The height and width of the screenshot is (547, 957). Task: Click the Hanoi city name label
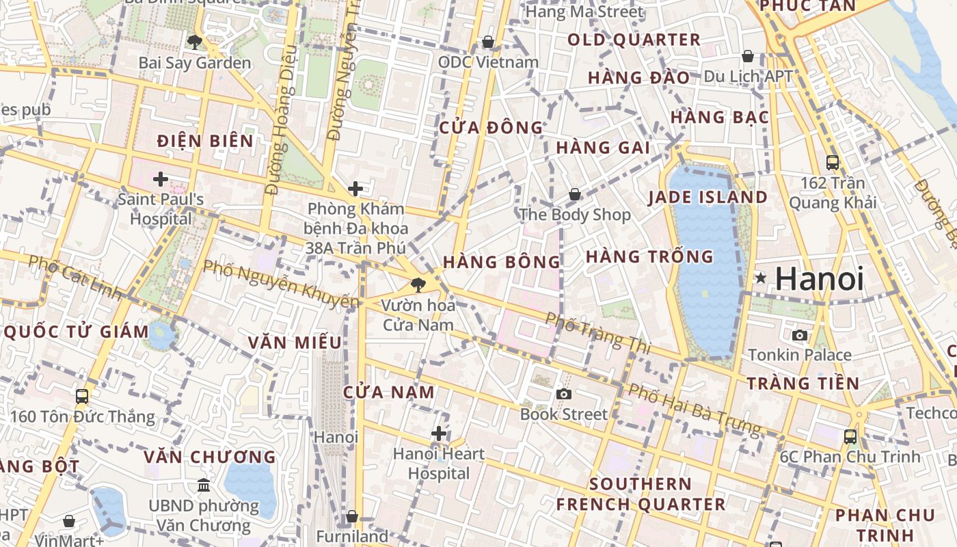820,279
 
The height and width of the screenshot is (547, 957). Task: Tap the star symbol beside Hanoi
760,278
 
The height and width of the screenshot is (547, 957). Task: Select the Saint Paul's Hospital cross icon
161,179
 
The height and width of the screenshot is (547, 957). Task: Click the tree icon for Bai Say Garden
194,42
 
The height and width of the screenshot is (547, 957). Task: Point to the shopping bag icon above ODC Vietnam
488,42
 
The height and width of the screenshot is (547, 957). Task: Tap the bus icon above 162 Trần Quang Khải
833,163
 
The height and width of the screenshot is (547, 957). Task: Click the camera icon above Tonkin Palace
799,335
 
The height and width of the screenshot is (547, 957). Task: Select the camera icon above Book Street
563,394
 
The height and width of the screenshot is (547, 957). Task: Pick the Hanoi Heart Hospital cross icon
439,433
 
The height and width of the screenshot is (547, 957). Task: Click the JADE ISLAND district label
707,198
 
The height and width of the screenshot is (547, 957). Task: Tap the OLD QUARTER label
634,40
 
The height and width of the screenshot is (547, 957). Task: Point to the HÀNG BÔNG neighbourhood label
502,262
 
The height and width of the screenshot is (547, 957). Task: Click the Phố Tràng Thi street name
597,333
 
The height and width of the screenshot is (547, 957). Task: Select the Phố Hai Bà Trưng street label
694,409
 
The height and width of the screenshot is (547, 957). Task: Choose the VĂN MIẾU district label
295,343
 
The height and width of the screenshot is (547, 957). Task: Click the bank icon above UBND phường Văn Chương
204,485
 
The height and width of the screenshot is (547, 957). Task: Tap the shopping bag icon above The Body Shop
575,194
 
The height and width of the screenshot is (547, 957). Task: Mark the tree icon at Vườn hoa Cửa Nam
418,284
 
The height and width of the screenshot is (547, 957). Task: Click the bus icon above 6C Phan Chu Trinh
850,436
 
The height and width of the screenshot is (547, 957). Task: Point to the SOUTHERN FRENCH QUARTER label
641,494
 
